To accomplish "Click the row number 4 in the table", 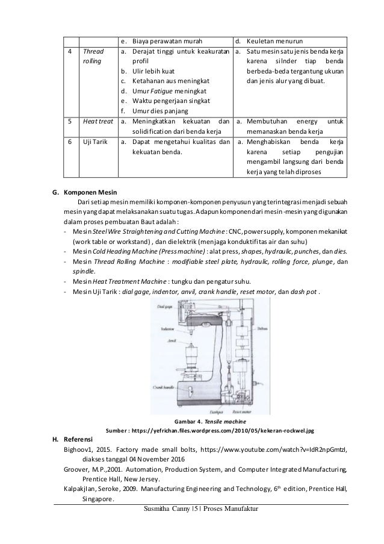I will pyautogui.click(x=71, y=51).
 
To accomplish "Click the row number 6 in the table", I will pyautogui.click(x=71, y=142).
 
